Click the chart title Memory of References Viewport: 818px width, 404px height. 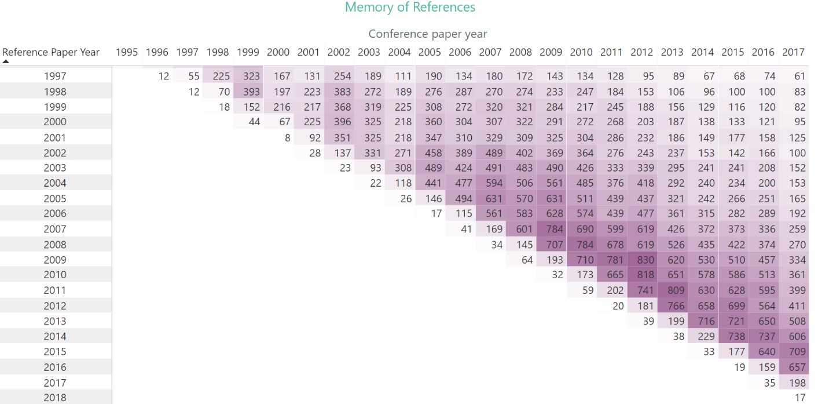[x=410, y=8]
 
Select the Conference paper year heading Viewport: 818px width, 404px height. [x=428, y=34]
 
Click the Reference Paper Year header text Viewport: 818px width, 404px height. [x=51, y=52]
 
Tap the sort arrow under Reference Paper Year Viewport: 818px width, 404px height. [x=6, y=61]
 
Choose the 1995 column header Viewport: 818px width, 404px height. [x=127, y=52]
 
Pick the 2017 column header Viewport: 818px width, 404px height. [x=793, y=52]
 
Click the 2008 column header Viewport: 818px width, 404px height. [x=520, y=52]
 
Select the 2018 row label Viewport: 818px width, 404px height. [x=55, y=398]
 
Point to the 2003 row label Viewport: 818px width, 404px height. [x=55, y=168]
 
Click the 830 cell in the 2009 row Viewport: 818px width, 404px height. [x=641, y=260]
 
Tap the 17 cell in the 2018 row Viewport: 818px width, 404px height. [x=799, y=398]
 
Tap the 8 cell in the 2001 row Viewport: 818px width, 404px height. [x=287, y=138]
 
